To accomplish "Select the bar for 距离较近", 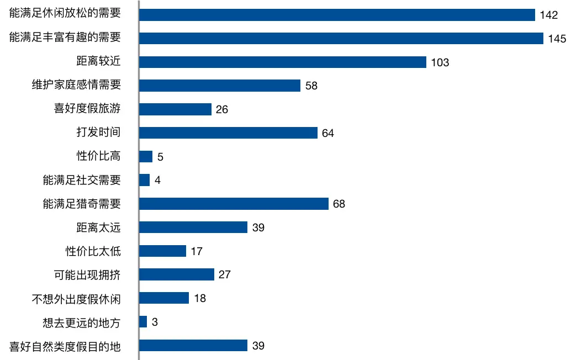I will [282, 62].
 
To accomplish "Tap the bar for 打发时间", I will [228, 133].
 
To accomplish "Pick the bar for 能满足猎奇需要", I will [234, 204].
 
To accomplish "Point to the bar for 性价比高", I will [146, 156].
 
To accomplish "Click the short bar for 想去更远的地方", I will [143, 322].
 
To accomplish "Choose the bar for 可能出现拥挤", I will [176, 274].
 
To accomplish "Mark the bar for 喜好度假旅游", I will [175, 109].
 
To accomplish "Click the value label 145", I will [557, 39].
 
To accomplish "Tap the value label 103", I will [440, 62].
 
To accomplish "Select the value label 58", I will [311, 86].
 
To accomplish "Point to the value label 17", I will [197, 252].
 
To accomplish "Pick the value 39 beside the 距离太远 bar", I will [258, 227].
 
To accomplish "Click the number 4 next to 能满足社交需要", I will [157, 181].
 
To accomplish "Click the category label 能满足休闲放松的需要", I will [65, 14].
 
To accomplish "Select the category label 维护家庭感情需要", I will [76, 85].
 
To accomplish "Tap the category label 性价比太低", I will [93, 251].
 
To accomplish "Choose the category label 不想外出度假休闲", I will [76, 299].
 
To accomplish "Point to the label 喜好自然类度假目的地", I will [65, 346].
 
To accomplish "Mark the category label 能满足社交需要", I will [82, 180].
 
